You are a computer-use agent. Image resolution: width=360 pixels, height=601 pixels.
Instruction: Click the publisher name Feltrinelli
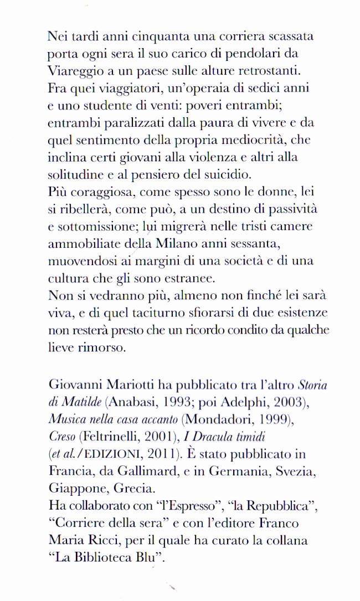coord(113,437)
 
